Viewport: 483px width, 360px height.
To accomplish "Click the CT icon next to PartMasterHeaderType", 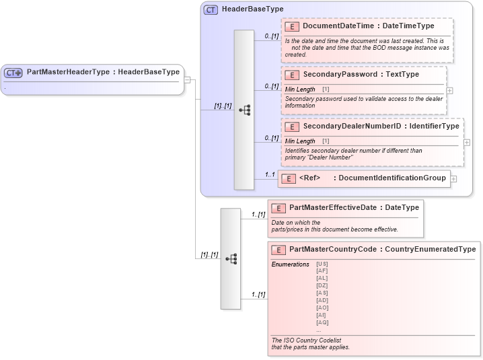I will tap(14, 72).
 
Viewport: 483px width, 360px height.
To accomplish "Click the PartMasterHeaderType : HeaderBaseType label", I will tap(103, 71).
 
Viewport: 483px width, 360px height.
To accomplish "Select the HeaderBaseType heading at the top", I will tap(252, 9).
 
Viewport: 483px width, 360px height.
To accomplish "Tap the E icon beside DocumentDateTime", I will tap(292, 26).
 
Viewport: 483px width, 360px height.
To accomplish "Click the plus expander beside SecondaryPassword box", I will tap(449, 89).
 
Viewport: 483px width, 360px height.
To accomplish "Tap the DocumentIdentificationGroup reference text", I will tap(392, 178).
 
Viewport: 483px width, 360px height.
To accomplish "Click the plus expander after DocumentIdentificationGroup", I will tap(453, 179).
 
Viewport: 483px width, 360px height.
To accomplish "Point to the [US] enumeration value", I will tap(322, 264).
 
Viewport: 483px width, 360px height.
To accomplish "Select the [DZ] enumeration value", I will tap(322, 285).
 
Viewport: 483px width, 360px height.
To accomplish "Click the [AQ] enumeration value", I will tap(322, 322).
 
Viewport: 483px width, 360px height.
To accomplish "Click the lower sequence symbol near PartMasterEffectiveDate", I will tap(231, 258).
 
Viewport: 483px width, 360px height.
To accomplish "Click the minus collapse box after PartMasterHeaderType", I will tap(188, 79).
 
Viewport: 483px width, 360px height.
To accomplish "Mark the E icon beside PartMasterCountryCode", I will tap(278, 250).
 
